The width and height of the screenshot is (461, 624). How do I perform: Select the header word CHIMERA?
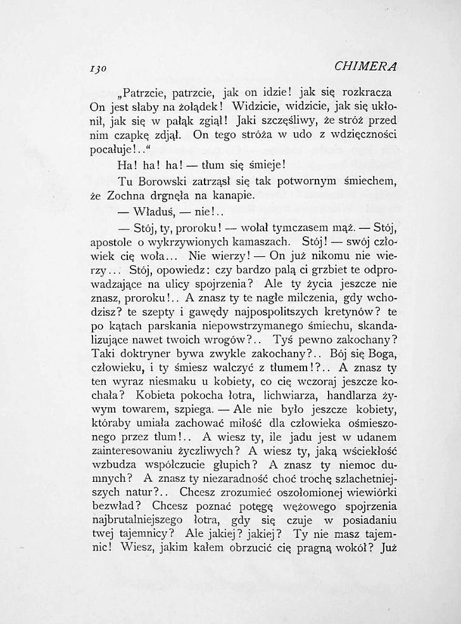(x=363, y=66)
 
